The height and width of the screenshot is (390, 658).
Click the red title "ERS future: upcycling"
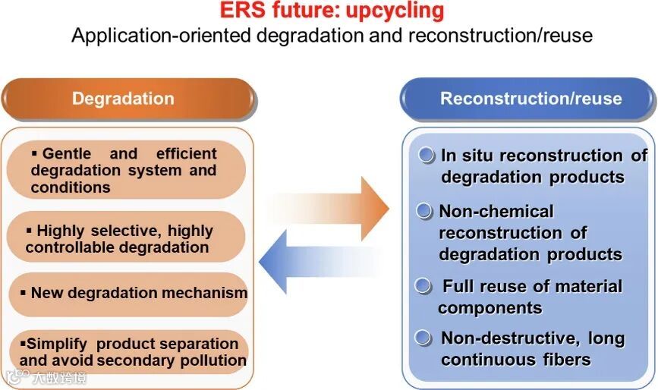tap(332, 11)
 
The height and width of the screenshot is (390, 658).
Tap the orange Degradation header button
tap(123, 99)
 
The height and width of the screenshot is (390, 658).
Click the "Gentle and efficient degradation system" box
tap(125, 171)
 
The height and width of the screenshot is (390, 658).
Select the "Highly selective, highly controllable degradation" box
tap(125, 238)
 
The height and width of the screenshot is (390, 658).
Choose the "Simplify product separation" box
tap(129, 352)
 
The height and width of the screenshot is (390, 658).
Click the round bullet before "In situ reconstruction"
tap(427, 156)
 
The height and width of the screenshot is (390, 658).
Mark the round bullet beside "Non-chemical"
tap(425, 211)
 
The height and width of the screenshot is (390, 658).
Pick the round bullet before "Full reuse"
tap(425, 286)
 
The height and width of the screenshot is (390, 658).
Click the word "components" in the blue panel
tap(490, 308)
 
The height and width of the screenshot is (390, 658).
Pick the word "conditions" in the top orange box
tap(71, 187)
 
